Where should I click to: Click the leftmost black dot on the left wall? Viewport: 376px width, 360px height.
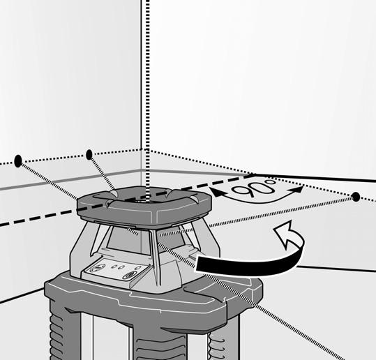tap(18, 160)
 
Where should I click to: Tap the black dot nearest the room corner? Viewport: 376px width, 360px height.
tap(89, 154)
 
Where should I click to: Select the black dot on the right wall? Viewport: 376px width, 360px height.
tap(356, 197)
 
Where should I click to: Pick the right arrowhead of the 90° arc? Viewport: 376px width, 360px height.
tap(296, 190)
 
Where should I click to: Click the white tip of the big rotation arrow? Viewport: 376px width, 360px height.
tap(284, 234)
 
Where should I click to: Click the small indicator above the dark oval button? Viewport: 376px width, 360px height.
tap(137, 268)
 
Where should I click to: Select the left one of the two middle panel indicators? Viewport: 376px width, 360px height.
tap(114, 267)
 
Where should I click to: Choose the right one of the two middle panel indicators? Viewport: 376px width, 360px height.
tap(121, 267)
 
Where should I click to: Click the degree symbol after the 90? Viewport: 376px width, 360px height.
tap(271, 183)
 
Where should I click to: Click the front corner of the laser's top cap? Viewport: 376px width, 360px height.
tap(151, 228)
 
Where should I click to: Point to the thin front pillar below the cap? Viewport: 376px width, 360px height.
tap(154, 257)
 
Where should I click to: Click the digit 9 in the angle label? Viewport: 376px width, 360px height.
tap(241, 191)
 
